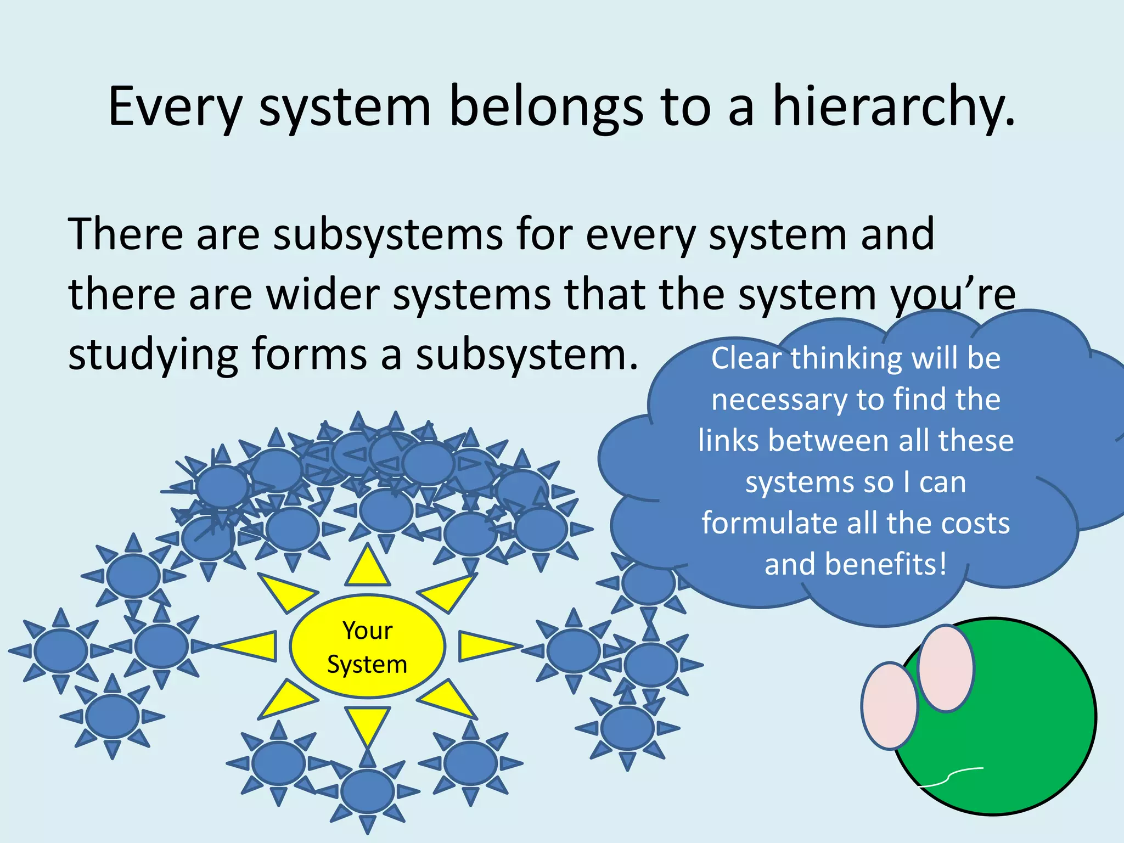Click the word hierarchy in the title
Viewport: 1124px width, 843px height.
click(893, 107)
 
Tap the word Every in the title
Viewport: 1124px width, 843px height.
click(175, 107)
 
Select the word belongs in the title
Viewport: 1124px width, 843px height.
click(546, 107)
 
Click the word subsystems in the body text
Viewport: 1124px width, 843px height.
click(387, 235)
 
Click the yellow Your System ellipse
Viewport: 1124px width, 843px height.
click(367, 647)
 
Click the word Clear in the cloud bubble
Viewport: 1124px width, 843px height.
click(746, 358)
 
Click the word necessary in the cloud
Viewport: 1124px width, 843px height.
click(779, 400)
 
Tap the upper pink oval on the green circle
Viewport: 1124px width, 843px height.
click(946, 668)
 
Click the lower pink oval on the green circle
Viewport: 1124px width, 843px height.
click(890, 706)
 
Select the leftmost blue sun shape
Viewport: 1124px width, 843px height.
click(60, 650)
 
